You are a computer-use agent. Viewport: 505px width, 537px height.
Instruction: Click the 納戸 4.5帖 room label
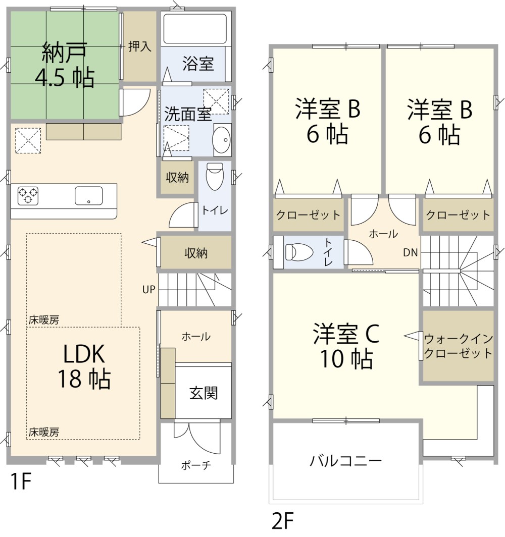64,65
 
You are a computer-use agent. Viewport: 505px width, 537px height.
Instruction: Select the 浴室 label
198,64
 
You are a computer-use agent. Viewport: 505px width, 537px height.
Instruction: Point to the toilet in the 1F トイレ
215,177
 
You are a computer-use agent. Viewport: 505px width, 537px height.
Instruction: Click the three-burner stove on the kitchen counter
28,195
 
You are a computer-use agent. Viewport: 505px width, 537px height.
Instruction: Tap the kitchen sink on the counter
89,195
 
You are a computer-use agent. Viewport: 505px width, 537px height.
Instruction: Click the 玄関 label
204,393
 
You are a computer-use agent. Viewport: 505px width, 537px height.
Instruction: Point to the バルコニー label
346,461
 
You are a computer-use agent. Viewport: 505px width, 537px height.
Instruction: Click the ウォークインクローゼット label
458,346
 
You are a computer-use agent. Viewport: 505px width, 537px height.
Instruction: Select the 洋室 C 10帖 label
346,346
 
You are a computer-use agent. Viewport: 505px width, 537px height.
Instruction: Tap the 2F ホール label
383,234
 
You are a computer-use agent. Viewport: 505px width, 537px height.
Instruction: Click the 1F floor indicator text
21,482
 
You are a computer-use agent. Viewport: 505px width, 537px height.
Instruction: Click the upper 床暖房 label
43,319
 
